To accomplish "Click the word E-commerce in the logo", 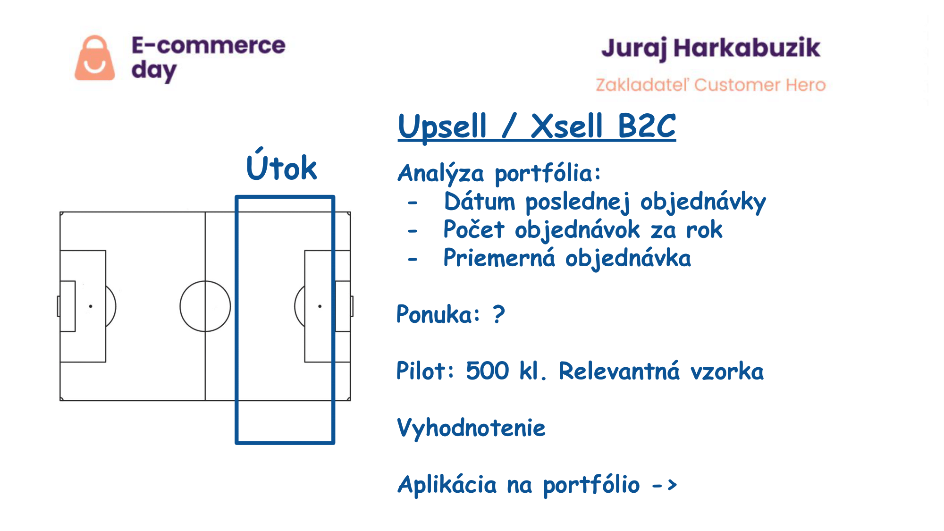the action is (208, 45).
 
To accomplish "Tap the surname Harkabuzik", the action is (747, 48).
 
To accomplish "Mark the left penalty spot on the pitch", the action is (91, 306).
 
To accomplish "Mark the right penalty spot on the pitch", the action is (320, 306).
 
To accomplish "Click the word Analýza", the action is (441, 174).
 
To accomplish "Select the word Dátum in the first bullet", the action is (480, 202).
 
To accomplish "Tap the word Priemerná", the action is (499, 258).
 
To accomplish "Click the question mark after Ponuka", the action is (499, 314).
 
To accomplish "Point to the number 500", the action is (488, 371).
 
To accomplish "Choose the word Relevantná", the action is (619, 371).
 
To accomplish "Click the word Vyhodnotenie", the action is (471, 428).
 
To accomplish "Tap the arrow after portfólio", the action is (665, 485).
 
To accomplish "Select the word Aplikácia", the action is (447, 485).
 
